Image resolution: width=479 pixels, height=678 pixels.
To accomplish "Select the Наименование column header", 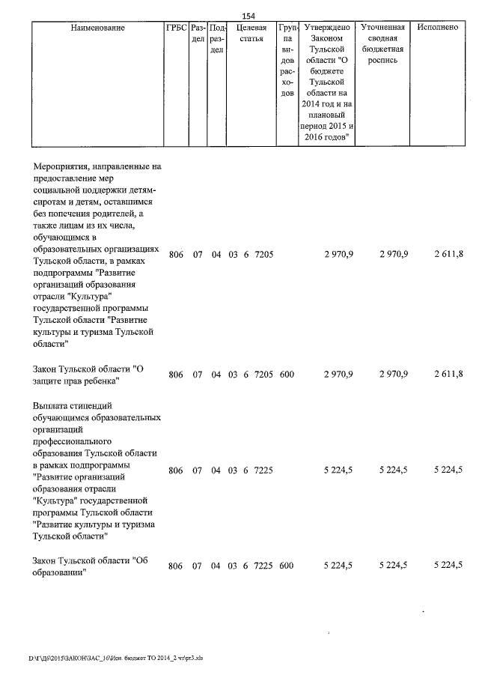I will tap(97, 28).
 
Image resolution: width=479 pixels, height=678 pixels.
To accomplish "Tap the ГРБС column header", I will tap(176, 28).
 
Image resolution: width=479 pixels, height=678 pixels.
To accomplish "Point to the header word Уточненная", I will tap(382, 28).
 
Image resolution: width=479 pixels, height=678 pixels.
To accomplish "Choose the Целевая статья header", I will tap(251, 33).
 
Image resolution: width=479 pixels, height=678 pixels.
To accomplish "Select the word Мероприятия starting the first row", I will tap(62, 166).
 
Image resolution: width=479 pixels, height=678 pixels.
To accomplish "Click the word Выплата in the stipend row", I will tap(52, 405).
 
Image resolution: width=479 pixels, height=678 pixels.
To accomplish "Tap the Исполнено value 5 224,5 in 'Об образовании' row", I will tap(448, 566).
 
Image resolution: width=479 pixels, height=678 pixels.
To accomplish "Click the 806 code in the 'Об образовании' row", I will tap(176, 566).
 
